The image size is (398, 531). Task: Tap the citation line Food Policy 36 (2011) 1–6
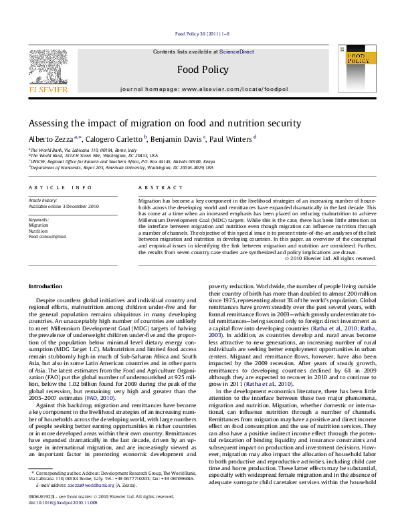pyautogui.click(x=199, y=33)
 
